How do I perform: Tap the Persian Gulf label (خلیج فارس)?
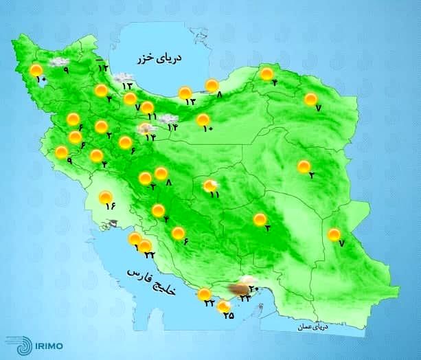click(152, 281)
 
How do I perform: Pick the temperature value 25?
click(229, 317)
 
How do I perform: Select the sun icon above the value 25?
click(223, 308)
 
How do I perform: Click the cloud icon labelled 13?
click(124, 77)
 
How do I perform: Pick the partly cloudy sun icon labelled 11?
click(211, 185)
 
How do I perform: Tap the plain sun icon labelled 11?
click(147, 106)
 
